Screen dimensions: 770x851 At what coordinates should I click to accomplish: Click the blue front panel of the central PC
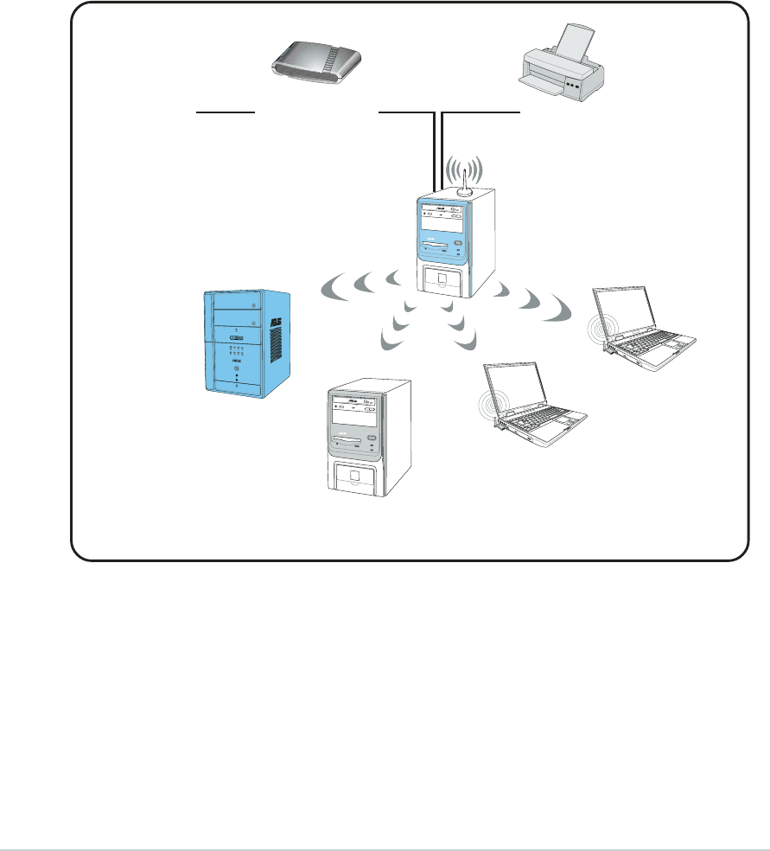pos(443,227)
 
